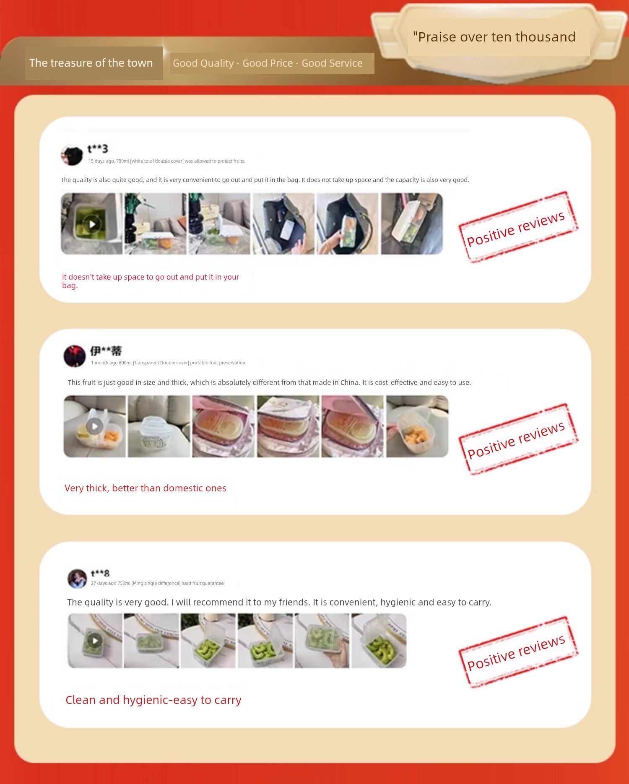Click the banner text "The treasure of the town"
point(91,63)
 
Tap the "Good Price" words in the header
point(268,63)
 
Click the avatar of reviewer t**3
point(72,156)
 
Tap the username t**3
point(97,149)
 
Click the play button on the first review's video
point(92,224)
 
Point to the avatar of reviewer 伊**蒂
point(75,356)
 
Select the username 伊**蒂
point(106,350)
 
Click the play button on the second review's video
point(95,426)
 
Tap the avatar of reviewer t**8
point(77,579)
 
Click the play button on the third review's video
point(95,641)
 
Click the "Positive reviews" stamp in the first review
point(518,227)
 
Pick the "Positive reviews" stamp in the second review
point(518,439)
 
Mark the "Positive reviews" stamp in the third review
point(518,652)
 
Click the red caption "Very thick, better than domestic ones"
point(146,488)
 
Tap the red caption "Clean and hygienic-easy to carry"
point(153,700)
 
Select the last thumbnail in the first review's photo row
point(412,224)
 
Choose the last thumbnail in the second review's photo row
point(417,426)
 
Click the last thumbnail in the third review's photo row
point(379,641)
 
